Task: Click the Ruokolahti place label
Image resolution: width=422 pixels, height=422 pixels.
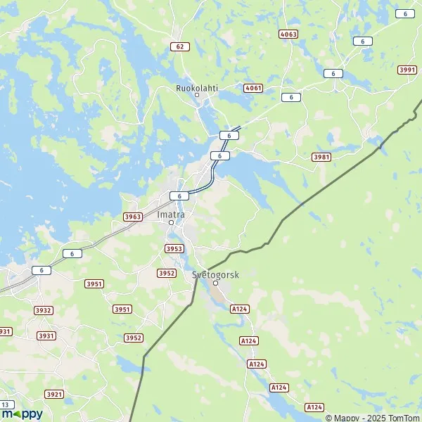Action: pyautogui.click(x=197, y=89)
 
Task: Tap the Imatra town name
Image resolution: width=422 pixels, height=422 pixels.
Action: pyautogui.click(x=172, y=214)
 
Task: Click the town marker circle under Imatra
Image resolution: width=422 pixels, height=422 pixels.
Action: pyautogui.click(x=170, y=223)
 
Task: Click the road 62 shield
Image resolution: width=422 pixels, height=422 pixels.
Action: pyautogui.click(x=181, y=46)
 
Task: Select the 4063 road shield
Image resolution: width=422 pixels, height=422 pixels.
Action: pyautogui.click(x=288, y=34)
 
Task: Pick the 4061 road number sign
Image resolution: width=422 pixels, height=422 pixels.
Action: pyautogui.click(x=253, y=88)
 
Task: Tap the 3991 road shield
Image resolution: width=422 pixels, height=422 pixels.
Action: pyautogui.click(x=407, y=69)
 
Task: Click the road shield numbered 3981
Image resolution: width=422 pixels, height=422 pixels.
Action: pyautogui.click(x=321, y=156)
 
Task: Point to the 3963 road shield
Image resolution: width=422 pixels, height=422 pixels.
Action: pyautogui.click(x=132, y=217)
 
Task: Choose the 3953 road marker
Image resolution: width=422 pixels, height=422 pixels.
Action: pyautogui.click(x=174, y=248)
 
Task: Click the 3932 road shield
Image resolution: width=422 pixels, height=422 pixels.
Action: pyautogui.click(x=44, y=309)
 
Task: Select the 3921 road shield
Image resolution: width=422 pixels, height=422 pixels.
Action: pyautogui.click(x=53, y=394)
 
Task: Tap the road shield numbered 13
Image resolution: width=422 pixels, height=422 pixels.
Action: pyautogui.click(x=6, y=404)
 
